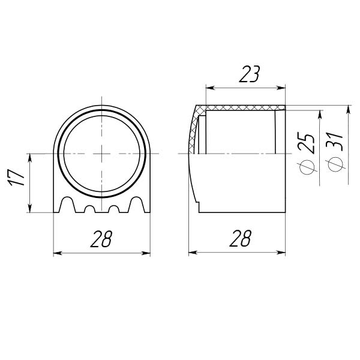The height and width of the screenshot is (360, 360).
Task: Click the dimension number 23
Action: coord(250,74)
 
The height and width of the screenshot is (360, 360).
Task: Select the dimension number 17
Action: coord(16,178)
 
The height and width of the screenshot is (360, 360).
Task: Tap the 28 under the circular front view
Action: coord(101,239)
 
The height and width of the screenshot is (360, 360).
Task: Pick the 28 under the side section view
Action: coord(241,238)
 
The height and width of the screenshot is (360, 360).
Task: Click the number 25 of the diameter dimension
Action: coord(305,142)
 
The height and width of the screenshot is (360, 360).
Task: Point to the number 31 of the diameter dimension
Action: coord(334,142)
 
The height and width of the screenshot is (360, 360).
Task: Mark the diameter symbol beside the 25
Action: coord(307,167)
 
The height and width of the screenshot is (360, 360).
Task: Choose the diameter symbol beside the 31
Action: coord(335,164)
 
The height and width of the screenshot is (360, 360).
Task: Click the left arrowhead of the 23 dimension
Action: coord(211,88)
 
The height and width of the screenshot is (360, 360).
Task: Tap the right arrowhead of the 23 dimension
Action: coord(281,88)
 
